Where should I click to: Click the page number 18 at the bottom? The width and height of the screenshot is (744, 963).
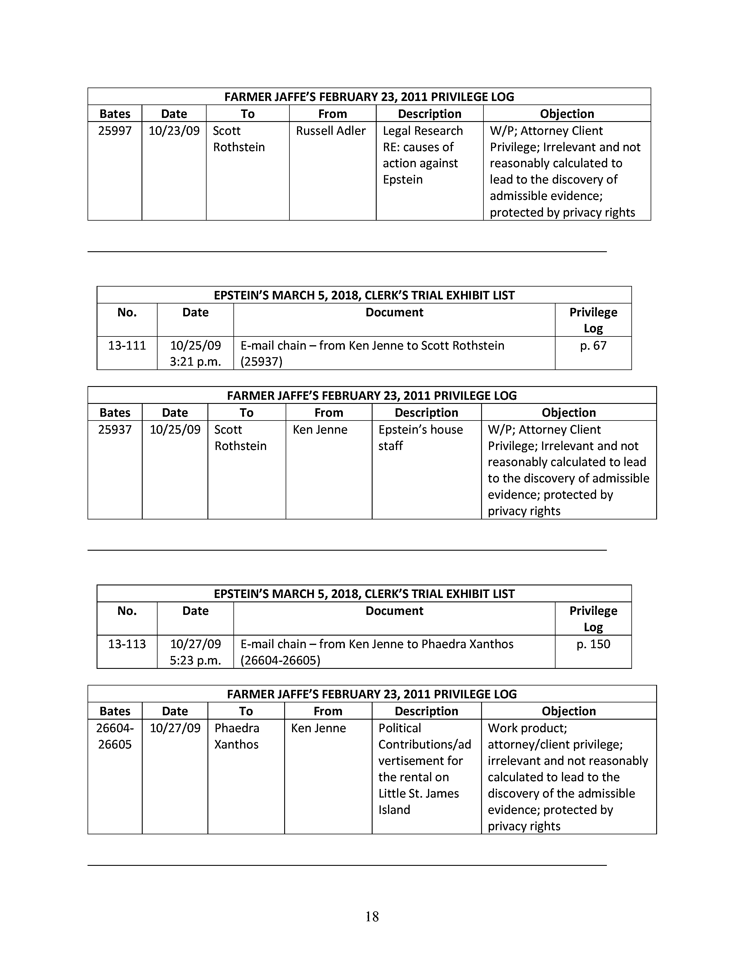372,917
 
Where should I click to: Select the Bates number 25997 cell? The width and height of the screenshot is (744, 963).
115,131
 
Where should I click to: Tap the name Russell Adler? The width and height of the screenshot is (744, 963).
331,131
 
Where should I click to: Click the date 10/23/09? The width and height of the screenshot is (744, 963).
174,131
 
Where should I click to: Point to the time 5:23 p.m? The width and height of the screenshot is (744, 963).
195,660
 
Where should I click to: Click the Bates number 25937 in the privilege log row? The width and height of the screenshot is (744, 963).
115,430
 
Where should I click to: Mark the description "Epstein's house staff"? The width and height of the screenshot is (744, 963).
420,437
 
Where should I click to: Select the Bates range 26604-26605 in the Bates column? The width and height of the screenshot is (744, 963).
115,736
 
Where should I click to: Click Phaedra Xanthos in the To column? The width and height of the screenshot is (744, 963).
237,736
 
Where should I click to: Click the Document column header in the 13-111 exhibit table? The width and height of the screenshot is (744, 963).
394,312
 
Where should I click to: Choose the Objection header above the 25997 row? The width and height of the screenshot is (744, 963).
567,114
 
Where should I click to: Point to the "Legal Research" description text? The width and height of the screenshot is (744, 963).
423,131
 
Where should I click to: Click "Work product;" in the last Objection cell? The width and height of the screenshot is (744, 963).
527,728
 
